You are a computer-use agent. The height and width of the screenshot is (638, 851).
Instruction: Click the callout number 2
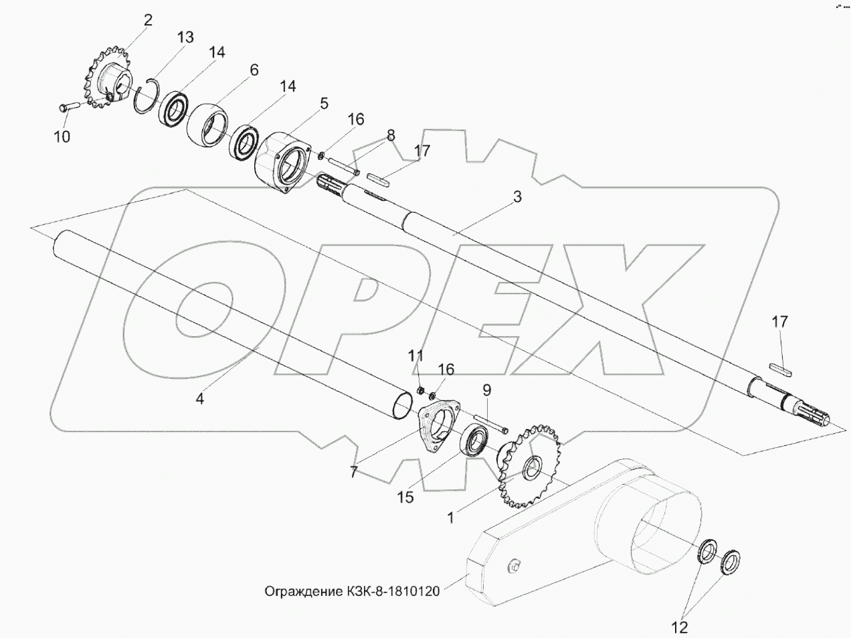pyautogui.click(x=148, y=21)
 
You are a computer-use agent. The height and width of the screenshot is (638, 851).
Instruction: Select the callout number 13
pyautogui.click(x=185, y=37)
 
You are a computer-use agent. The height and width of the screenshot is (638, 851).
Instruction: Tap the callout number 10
pyautogui.click(x=62, y=137)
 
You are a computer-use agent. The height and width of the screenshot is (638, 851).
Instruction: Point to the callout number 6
pyautogui.click(x=254, y=70)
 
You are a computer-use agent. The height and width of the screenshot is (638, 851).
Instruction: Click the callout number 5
pyautogui.click(x=324, y=104)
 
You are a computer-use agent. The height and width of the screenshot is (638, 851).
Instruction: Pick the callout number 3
pyautogui.click(x=518, y=197)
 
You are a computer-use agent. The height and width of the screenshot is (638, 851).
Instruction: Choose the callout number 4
pyautogui.click(x=199, y=399)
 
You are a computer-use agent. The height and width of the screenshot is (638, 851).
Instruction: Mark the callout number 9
pyautogui.click(x=487, y=390)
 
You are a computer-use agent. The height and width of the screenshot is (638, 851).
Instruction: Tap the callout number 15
pyautogui.click(x=405, y=497)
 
